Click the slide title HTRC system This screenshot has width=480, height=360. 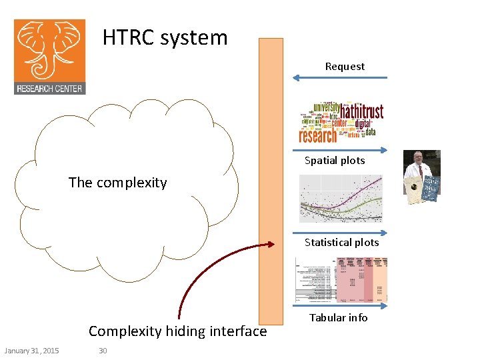click(165, 37)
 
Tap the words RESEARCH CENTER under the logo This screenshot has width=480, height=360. click(50, 88)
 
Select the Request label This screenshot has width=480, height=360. click(345, 67)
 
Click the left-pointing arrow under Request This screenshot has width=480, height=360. click(340, 78)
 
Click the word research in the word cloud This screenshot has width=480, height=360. click(319, 136)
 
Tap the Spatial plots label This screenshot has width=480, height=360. click(335, 160)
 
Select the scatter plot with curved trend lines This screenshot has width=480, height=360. click(341, 198)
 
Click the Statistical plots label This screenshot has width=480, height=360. click(341, 243)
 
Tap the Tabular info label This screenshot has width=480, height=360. click(339, 318)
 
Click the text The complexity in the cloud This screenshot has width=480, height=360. click(117, 183)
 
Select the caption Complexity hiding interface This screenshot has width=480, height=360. click(177, 331)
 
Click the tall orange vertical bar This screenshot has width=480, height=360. click(271, 180)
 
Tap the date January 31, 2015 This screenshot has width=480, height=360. click(31, 351)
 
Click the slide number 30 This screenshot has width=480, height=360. click(103, 351)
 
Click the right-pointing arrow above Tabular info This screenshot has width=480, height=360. click(340, 306)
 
